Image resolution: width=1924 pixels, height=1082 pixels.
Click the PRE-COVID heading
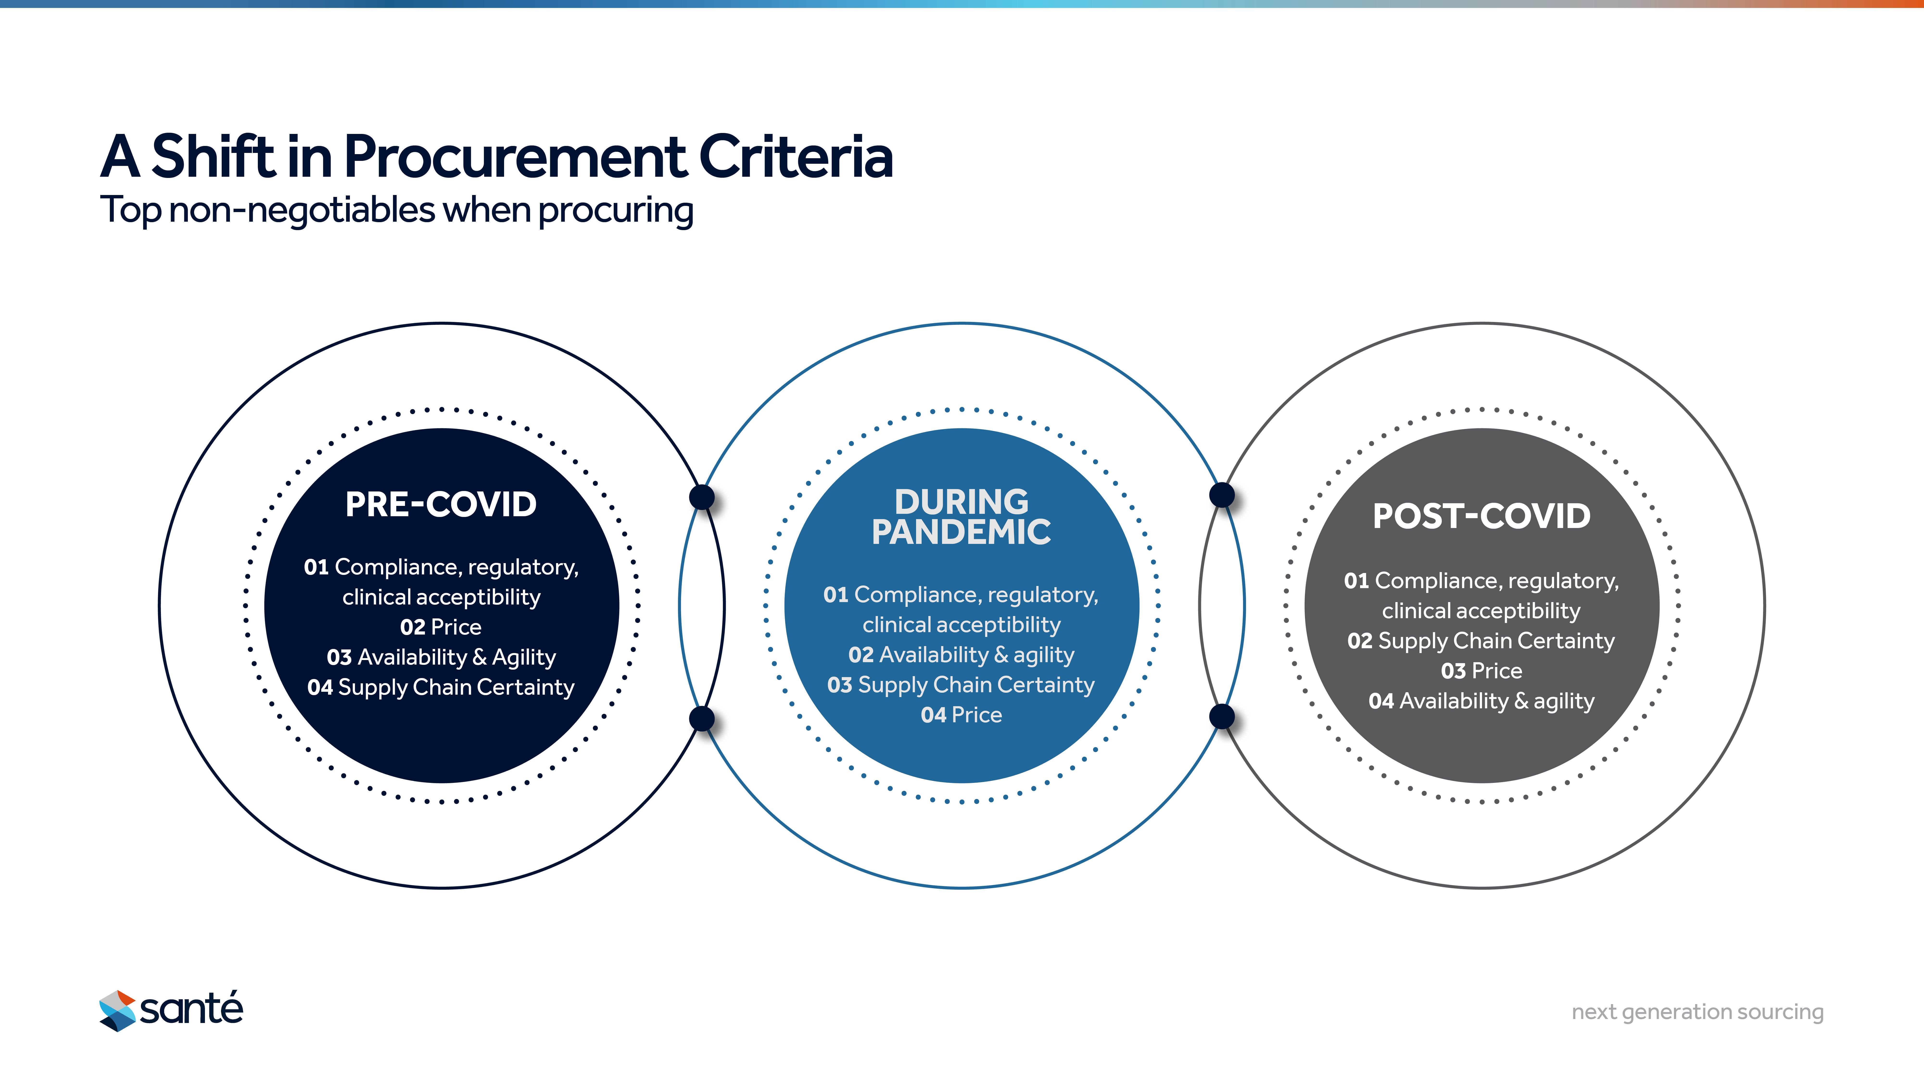[441, 505]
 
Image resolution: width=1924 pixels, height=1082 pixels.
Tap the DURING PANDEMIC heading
[961, 517]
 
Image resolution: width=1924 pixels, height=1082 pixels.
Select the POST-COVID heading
[1481, 516]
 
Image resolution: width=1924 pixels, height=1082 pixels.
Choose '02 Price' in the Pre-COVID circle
[441, 627]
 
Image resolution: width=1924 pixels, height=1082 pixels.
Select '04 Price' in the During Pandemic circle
[961, 715]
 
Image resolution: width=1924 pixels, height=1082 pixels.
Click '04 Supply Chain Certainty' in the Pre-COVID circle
[441, 687]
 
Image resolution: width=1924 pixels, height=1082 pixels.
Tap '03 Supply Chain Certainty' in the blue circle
[961, 685]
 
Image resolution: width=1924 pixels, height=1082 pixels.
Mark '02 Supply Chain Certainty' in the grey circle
[1481, 641]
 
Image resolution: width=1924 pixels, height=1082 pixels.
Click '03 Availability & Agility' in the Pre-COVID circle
[441, 657]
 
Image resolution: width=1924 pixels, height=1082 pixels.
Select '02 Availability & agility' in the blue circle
[961, 655]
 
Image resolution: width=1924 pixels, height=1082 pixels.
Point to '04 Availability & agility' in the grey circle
[1481, 701]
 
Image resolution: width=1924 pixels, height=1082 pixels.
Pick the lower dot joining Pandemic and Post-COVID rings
[1222, 717]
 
